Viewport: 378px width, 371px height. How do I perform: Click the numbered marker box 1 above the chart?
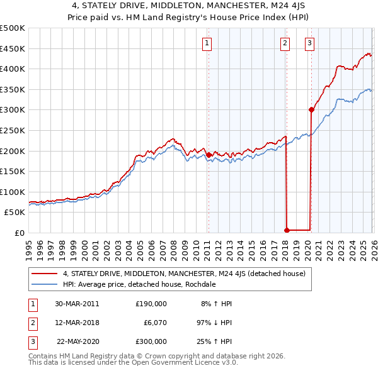click(x=207, y=43)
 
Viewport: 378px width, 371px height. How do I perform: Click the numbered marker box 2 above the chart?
click(x=285, y=43)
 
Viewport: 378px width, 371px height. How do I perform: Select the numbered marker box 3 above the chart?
click(x=310, y=43)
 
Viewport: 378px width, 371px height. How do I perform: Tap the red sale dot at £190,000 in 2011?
click(x=209, y=154)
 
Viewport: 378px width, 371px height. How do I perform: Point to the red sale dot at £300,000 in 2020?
click(x=311, y=109)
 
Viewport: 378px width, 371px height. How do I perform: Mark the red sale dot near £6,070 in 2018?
click(x=287, y=230)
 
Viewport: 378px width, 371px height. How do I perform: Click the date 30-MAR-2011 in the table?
click(x=77, y=304)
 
